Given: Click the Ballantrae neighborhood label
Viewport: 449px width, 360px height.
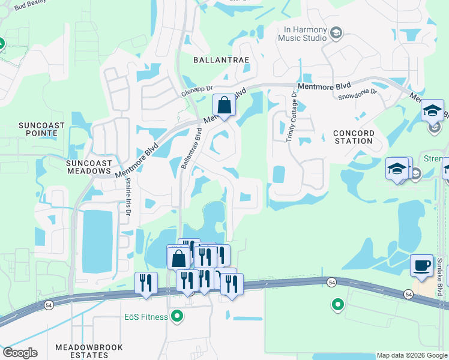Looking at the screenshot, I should click(x=221, y=60).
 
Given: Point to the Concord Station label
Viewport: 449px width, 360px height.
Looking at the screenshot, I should click(x=354, y=137).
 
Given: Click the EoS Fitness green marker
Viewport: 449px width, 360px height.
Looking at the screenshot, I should click(x=176, y=316).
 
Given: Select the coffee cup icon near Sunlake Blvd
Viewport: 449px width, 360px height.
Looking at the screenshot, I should click(x=421, y=265).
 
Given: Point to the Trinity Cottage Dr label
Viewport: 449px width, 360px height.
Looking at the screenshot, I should click(x=291, y=116).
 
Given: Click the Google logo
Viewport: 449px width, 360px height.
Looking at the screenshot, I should click(x=20, y=352).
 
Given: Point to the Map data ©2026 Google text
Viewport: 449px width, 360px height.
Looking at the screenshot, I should click(x=411, y=355).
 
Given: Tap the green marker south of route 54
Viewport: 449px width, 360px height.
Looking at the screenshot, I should click(x=337, y=305).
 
